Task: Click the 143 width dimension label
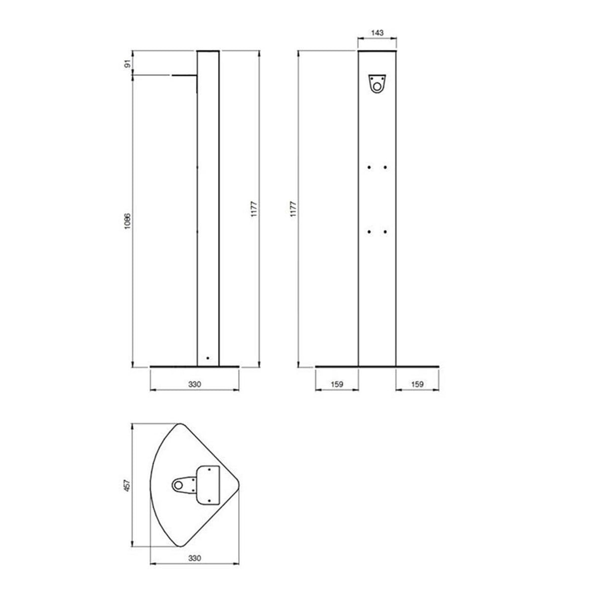pos(377,33)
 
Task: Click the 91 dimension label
pos(128,64)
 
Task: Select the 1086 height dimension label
pos(127,221)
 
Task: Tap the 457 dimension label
pos(127,485)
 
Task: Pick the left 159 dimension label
pos(337,384)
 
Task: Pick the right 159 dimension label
pos(417,384)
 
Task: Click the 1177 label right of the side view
pos(254,209)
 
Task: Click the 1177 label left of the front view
pos(293,209)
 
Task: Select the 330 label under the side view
pos(195,384)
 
